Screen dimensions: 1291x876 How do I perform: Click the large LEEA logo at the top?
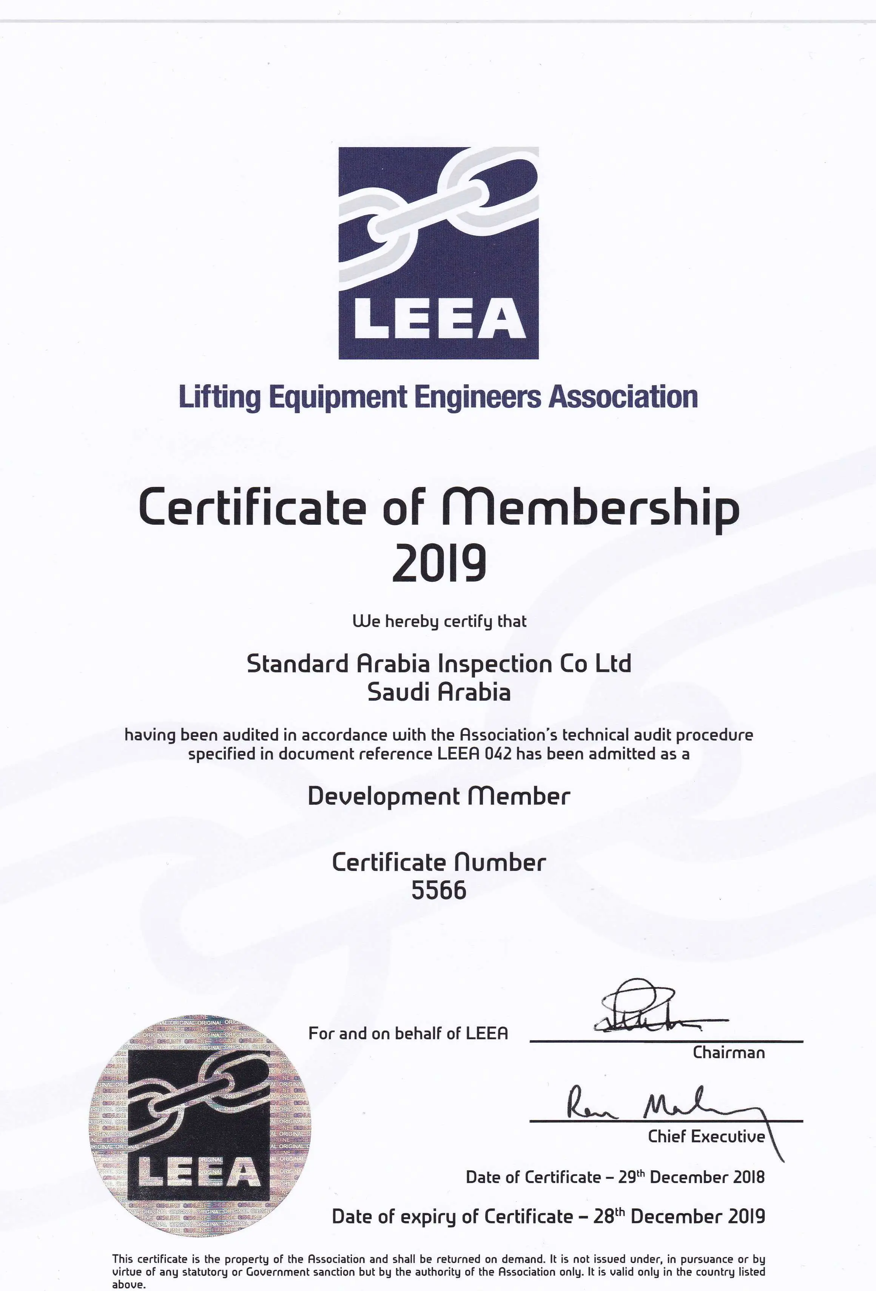coord(438,253)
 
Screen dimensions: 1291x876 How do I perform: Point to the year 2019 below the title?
coord(439,564)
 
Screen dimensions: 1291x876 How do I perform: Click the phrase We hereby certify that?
coord(439,621)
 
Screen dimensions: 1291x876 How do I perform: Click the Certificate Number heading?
coord(439,862)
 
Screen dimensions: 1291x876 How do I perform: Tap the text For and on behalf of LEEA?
coord(408,1033)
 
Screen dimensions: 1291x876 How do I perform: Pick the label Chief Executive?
coord(706,1137)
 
